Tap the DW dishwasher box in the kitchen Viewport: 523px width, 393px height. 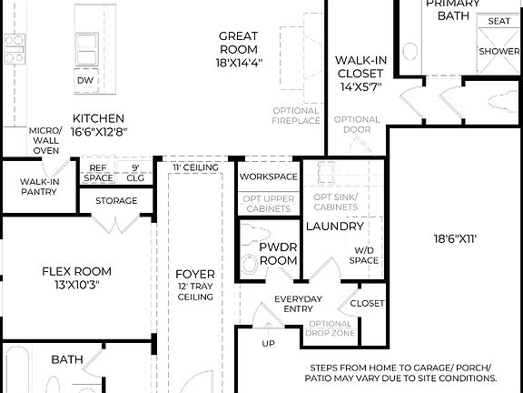86,80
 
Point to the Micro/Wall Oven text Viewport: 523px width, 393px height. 44,141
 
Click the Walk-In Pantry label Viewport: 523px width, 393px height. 40,186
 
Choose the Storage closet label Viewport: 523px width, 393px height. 116,201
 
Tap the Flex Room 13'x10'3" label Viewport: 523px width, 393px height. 77,277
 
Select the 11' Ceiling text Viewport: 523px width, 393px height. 196,167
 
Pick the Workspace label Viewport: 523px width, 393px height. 268,176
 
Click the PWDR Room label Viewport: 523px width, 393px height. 279,253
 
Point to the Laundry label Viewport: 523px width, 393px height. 334,226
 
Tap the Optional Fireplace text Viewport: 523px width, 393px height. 296,116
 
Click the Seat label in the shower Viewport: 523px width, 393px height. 498,21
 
